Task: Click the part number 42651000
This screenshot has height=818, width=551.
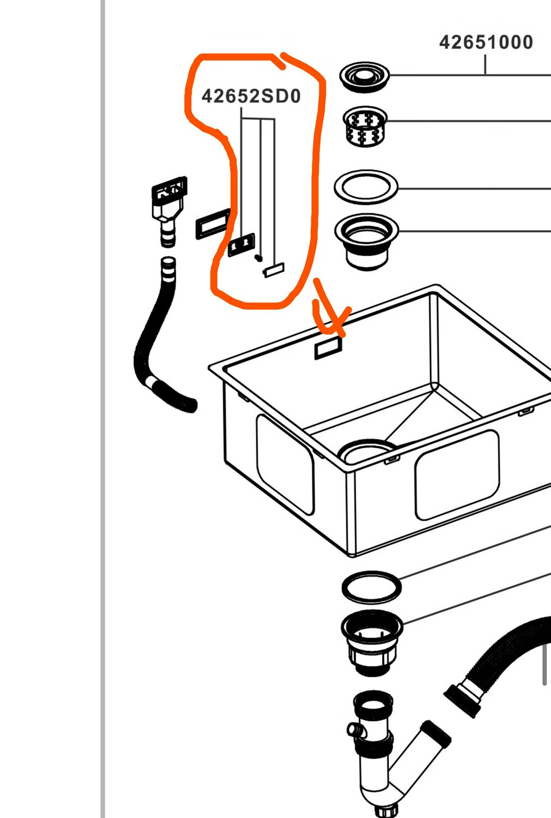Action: coord(486,43)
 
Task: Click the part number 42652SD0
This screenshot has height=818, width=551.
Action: coord(251,96)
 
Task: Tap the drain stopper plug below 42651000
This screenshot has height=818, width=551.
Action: coord(364,77)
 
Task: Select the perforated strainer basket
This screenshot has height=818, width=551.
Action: coord(365,127)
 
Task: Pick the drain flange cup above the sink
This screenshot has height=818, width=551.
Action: coord(366,242)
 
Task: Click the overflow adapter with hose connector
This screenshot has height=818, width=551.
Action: coord(169,211)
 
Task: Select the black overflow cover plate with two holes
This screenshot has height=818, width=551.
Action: coord(241,245)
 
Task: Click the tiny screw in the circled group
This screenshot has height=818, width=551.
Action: coord(259,258)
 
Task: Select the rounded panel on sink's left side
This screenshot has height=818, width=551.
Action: coord(285,464)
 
